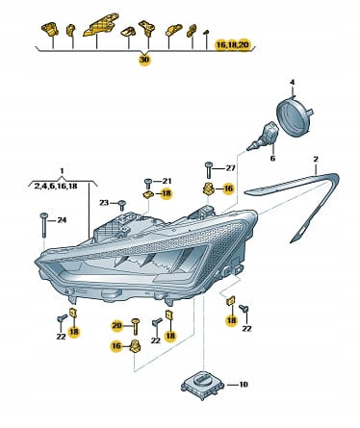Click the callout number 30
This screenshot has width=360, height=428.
[144, 60]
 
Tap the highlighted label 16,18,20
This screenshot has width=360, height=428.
[233, 45]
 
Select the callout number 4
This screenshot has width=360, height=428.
[292, 83]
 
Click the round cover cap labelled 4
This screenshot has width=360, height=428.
[294, 117]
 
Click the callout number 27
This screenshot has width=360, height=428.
[230, 168]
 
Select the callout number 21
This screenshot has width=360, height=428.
[167, 181]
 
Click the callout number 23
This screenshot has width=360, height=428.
[104, 203]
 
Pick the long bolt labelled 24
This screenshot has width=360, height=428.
[43, 225]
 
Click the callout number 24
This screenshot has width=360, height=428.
[62, 220]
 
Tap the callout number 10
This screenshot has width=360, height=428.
[244, 384]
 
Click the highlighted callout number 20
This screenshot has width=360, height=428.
[116, 326]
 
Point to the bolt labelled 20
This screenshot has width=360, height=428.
[136, 327]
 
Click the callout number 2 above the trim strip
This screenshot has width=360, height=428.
[316, 159]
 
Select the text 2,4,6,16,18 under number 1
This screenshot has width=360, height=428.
[56, 186]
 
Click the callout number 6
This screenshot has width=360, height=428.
[272, 159]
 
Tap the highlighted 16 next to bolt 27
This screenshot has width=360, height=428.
[228, 189]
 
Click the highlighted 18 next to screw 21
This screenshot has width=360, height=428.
[167, 193]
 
